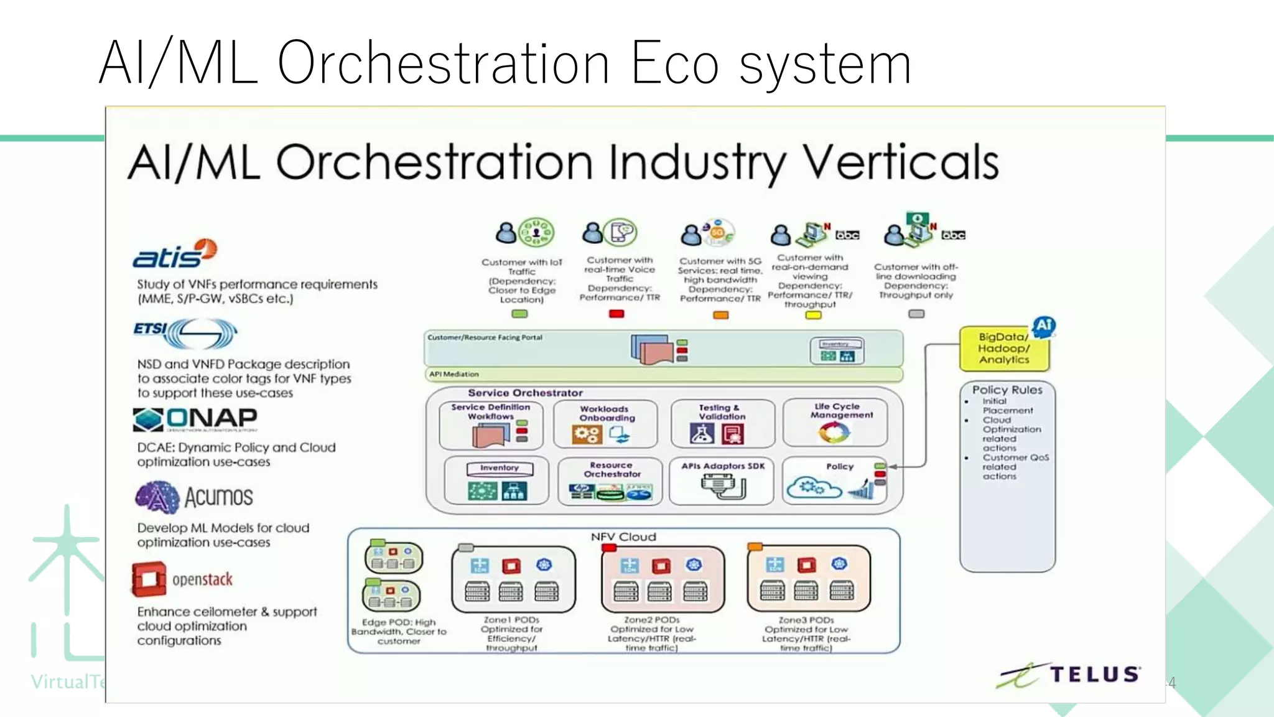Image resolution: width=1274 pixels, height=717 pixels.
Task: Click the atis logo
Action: point(174,254)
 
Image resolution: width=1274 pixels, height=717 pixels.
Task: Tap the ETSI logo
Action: point(185,334)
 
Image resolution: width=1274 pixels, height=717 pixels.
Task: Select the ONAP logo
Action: point(195,419)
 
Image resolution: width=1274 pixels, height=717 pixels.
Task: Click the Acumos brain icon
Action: point(157,497)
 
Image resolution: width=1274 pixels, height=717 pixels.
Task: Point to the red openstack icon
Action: point(149,579)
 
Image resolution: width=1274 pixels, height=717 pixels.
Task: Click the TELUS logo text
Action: point(1094,675)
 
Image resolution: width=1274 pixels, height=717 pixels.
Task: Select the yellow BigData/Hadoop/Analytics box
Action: point(1003,349)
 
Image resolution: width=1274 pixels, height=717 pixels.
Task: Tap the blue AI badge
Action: point(1043,325)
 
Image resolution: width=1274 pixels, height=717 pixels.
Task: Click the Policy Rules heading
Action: point(1007,390)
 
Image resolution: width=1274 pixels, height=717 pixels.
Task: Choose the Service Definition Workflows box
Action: point(491,424)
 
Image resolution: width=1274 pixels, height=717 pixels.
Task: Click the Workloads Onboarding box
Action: point(605,424)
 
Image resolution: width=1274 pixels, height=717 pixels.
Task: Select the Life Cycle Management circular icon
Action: point(834,432)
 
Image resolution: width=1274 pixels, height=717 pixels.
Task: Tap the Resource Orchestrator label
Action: point(612,469)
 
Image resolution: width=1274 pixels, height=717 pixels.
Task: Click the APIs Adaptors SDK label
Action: point(722,466)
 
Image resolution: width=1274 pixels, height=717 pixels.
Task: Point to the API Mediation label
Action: point(454,374)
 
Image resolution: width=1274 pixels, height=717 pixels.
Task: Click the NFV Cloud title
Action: point(623,537)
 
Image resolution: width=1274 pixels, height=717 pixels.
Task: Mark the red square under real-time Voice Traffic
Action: point(616,314)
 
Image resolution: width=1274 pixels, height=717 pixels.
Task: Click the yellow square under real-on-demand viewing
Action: point(813,315)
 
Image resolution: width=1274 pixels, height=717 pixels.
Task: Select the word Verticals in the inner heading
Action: point(901,163)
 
